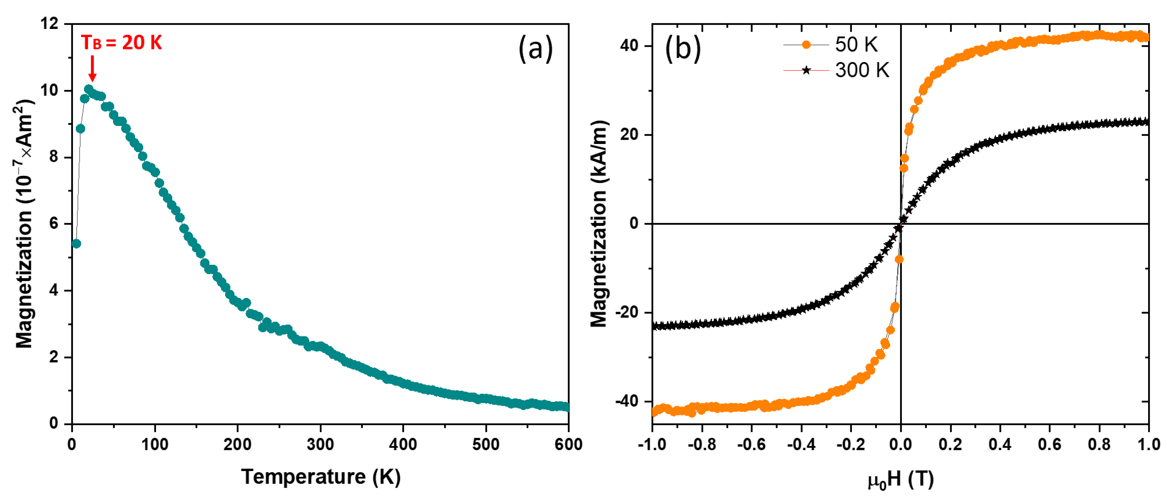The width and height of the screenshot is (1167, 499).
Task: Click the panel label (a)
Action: (536, 49)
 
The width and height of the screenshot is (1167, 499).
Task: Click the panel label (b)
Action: (682, 49)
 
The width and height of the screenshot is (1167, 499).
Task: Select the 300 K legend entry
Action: (862, 70)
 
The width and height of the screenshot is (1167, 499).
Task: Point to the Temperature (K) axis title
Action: (321, 477)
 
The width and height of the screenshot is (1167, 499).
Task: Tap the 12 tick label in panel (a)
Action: (49, 24)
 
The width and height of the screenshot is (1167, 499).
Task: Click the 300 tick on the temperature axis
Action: (320, 444)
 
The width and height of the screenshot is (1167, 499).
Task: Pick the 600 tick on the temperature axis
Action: (568, 444)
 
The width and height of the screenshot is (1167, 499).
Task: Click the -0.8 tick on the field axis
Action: (702, 444)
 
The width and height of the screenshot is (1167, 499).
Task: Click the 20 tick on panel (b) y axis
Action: (629, 134)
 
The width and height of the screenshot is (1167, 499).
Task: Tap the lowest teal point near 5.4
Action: (76, 244)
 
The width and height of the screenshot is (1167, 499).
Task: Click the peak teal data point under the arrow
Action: (89, 89)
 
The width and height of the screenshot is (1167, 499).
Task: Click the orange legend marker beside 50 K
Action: (806, 44)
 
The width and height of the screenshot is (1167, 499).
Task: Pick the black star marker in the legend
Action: (806, 70)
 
